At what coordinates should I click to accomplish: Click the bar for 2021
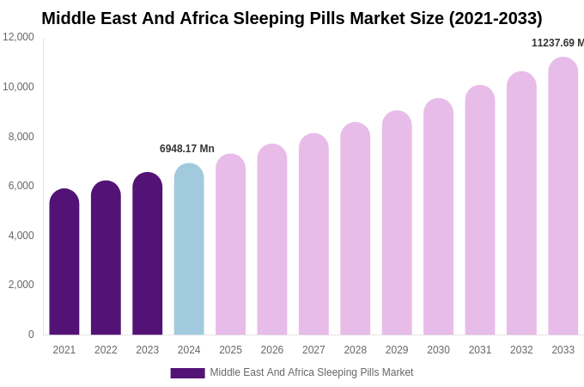click(x=64, y=262)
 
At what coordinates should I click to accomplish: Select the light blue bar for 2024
click(x=189, y=249)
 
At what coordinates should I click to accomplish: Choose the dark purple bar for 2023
click(x=148, y=254)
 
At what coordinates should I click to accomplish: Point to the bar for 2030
click(x=438, y=217)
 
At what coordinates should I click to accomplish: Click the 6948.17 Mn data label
click(x=187, y=149)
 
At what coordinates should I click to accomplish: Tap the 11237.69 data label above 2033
click(x=557, y=43)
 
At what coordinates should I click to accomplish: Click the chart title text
click(x=292, y=18)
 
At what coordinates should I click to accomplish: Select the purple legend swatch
click(x=187, y=373)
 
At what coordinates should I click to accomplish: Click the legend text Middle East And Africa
click(x=312, y=372)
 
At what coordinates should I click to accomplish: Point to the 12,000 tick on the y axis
click(x=18, y=37)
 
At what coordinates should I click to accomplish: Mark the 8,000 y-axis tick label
click(x=21, y=137)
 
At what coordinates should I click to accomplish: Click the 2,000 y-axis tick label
click(x=21, y=285)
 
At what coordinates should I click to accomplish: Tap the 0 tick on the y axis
click(x=31, y=335)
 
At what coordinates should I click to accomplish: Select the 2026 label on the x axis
click(x=272, y=350)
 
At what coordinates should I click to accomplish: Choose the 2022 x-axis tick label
click(x=106, y=350)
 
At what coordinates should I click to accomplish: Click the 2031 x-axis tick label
click(x=480, y=350)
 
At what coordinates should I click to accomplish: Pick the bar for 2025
click(x=230, y=245)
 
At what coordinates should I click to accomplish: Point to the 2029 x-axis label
click(x=397, y=350)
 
